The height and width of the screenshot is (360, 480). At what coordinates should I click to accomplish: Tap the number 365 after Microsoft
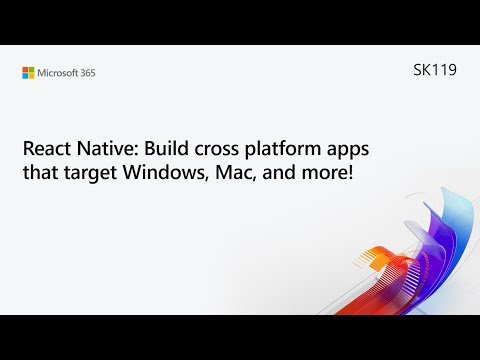click(87, 72)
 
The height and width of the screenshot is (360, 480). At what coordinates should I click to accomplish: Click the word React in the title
click(47, 150)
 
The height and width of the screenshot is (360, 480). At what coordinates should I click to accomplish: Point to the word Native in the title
click(107, 150)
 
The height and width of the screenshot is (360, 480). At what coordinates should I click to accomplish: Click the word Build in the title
click(166, 150)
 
